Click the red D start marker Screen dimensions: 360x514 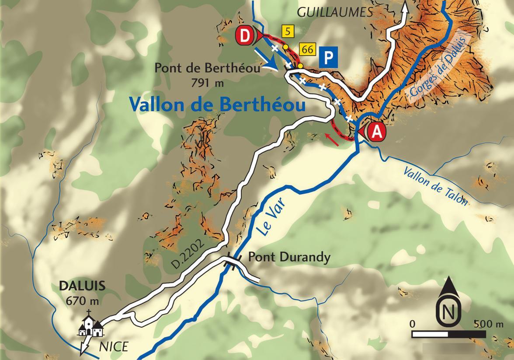(246, 36)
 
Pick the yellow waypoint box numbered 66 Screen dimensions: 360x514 (307, 49)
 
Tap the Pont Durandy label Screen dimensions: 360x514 (289, 257)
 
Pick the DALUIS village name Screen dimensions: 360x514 (82, 286)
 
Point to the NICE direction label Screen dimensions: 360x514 (113, 347)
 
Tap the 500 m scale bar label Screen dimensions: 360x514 (489, 324)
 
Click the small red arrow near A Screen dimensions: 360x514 (332, 139)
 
